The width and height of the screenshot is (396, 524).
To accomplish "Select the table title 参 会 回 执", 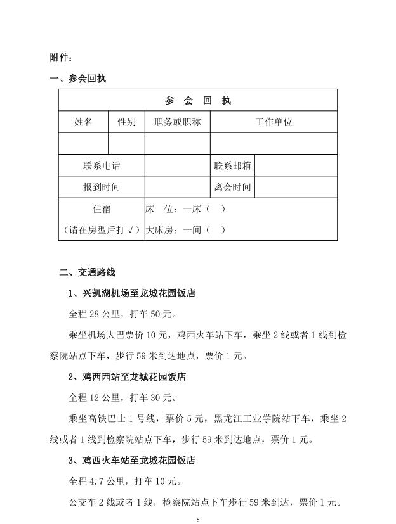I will coord(197,101).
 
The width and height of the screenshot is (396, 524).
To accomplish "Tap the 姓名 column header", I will coord(83,122).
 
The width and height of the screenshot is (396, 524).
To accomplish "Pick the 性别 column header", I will coord(126,122).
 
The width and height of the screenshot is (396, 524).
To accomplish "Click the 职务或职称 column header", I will coord(177,122).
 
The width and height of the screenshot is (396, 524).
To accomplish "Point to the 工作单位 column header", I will coord(274,122).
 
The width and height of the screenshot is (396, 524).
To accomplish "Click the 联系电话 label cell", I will coord(102,165).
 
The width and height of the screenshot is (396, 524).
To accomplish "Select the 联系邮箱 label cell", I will coord(232,165).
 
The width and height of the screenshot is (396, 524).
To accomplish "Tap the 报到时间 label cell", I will coord(102,188).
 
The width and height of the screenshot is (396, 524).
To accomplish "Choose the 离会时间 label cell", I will coord(232,188).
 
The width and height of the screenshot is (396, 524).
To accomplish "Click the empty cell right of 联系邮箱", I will coord(296,165).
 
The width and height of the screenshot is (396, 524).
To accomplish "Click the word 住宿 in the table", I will coord(102,209).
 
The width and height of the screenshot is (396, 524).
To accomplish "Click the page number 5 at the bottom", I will coord(198,520).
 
